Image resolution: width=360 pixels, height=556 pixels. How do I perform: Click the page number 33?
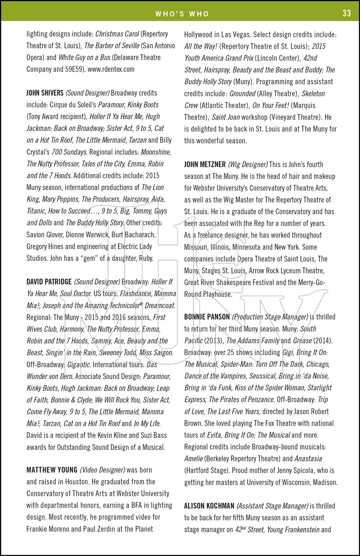pyautogui.click(x=347, y=13)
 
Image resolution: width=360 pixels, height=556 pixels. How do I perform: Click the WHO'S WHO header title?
pyautogui.click(x=182, y=14)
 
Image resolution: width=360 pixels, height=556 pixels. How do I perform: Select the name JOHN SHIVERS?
pyautogui.click(x=45, y=93)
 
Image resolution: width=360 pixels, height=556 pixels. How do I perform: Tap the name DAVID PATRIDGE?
pyautogui.click(x=49, y=282)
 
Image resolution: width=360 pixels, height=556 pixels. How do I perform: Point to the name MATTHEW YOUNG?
pyautogui.click(x=52, y=470)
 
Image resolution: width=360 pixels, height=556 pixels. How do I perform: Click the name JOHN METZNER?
pyautogui.click(x=205, y=164)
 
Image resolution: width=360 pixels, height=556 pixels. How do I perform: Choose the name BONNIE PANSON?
pyautogui.click(x=207, y=317)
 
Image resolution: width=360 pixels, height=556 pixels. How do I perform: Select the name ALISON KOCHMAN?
pyautogui.click(x=209, y=506)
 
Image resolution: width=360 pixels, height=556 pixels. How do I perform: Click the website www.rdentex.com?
pyautogui.click(x=111, y=69)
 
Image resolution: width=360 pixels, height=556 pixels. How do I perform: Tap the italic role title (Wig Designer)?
pyautogui.click(x=248, y=164)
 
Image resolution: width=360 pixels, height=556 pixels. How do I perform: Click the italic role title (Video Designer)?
pyautogui.click(x=102, y=470)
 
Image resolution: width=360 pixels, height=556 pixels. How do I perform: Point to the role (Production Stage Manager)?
pyautogui.click(x=270, y=317)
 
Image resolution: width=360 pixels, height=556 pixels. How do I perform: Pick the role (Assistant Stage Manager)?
pyautogui.click(x=272, y=506)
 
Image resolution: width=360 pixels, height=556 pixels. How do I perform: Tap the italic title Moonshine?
pyautogui.click(x=155, y=152)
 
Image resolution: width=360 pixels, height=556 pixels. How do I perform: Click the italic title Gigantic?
pyautogui.click(x=79, y=364)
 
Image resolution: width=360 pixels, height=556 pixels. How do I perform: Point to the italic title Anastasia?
pyautogui.click(x=308, y=459)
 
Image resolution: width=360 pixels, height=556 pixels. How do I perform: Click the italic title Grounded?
pyautogui.click(x=242, y=93)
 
